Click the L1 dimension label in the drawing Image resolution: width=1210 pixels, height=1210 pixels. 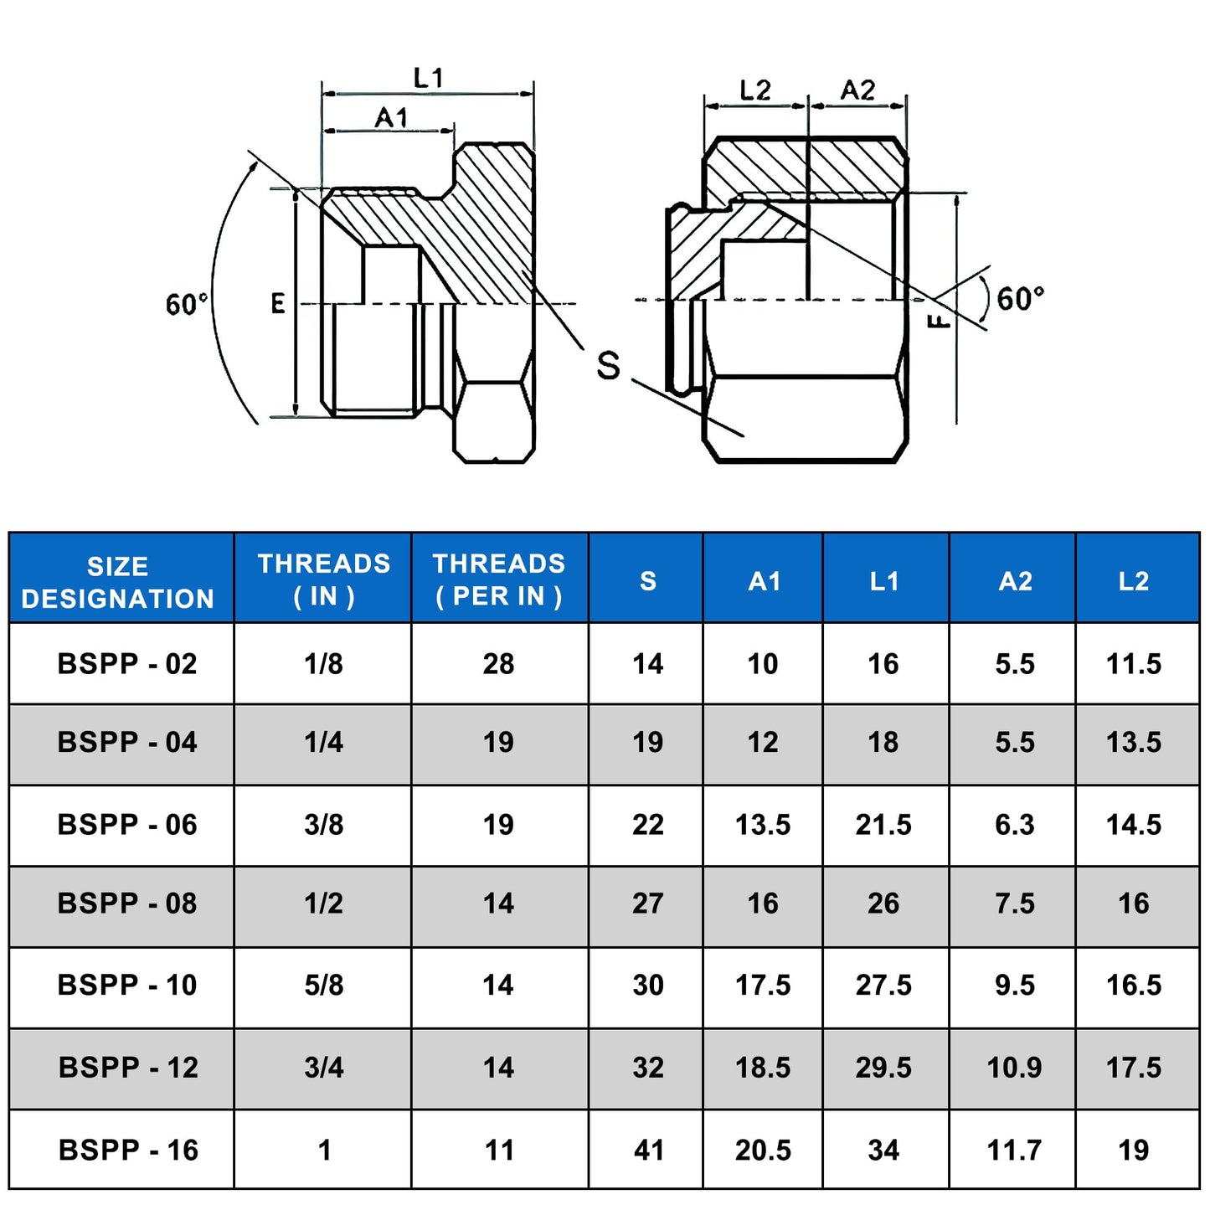click(x=429, y=78)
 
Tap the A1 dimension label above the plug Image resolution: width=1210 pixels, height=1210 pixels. click(x=392, y=117)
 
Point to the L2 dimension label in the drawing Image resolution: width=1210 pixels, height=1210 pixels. click(x=754, y=90)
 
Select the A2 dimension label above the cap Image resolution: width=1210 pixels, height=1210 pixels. click(x=857, y=90)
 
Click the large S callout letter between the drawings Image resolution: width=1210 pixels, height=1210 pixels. click(x=608, y=365)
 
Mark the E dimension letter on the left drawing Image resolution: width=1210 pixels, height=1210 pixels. click(x=277, y=304)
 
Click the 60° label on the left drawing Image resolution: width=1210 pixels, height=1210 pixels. click(x=187, y=304)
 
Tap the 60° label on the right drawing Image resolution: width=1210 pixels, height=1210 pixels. click(x=1021, y=298)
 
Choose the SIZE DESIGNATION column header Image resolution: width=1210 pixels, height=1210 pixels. click(x=118, y=582)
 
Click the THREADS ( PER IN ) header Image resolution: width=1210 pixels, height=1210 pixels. click(x=499, y=579)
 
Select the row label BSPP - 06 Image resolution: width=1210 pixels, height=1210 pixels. click(x=127, y=825)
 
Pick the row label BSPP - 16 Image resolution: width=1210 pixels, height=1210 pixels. click(x=128, y=1150)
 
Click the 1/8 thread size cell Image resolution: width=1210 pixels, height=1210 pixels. click(x=324, y=664)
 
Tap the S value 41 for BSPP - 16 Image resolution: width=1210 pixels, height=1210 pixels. click(x=649, y=1150)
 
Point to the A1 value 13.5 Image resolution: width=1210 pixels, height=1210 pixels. click(x=763, y=825)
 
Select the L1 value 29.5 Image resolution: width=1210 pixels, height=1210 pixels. click(x=883, y=1068)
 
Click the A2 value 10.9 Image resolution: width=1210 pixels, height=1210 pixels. click(x=1015, y=1068)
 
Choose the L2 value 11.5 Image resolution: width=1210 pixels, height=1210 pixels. click(x=1134, y=664)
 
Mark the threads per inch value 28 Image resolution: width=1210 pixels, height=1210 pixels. click(x=498, y=664)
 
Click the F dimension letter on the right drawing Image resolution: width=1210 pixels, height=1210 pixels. click(x=940, y=321)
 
